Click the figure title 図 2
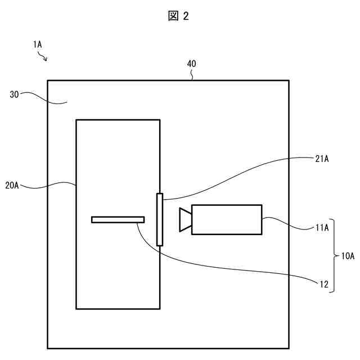179,16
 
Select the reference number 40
191,64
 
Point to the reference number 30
15,94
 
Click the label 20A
12,186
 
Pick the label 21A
322,159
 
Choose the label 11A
322,228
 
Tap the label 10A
348,256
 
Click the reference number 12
323,284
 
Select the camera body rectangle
227,219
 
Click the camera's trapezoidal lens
185,219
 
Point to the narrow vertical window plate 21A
160,219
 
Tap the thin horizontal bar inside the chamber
118,219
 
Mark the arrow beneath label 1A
43,56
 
